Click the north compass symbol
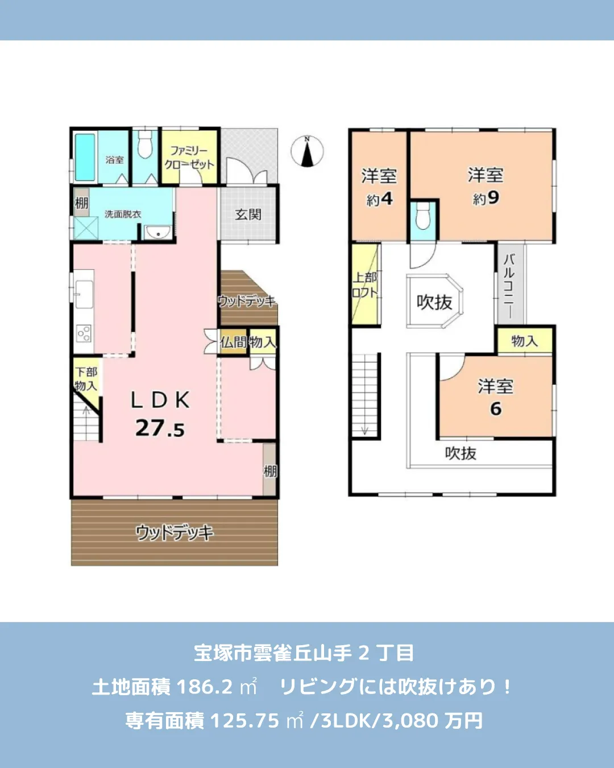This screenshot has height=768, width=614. (x=307, y=152)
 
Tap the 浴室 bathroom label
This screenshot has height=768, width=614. (x=114, y=160)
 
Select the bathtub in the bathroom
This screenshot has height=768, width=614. (x=85, y=157)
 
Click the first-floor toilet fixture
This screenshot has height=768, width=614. (x=146, y=145)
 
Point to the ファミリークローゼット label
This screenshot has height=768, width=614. (x=189, y=158)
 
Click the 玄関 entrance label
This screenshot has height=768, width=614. (x=248, y=214)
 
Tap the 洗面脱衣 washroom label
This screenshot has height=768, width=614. (x=123, y=214)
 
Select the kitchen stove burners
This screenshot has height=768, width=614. (x=84, y=333)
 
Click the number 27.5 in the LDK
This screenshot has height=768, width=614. (x=160, y=428)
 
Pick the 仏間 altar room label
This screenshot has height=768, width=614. (x=233, y=342)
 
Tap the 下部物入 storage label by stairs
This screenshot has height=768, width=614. (x=86, y=378)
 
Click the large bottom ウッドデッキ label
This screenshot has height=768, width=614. (x=175, y=532)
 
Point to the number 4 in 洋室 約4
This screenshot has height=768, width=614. (x=387, y=199)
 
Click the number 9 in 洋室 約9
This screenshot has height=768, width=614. (x=493, y=197)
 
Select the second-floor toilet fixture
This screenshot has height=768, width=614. (x=423, y=216)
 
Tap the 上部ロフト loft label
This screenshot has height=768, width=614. (x=364, y=284)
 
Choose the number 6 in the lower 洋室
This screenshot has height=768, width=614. (x=496, y=408)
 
